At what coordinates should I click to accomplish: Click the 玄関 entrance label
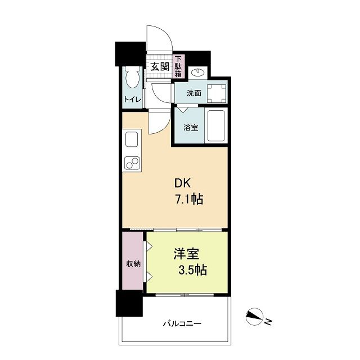point(160,67)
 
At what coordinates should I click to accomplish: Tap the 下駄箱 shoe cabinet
point(178,66)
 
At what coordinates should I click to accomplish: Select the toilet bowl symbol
point(133,78)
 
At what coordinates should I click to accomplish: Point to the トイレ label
point(132,100)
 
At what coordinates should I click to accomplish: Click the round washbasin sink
point(197,73)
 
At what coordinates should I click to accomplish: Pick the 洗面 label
point(193,93)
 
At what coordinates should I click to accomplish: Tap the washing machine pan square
point(217,93)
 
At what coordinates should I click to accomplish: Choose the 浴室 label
point(191,128)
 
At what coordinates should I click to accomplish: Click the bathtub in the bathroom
point(216,126)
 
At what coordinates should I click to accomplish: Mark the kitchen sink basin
point(132,139)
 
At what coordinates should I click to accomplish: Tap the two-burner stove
point(132,163)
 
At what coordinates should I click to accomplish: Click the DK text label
point(182,184)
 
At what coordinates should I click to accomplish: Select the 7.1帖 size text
point(189,199)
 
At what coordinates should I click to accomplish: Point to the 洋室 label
point(186,254)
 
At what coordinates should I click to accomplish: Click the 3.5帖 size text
point(192,270)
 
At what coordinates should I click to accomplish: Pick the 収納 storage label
point(133,264)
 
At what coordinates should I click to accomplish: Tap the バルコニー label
point(182,324)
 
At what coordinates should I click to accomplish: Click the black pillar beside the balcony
point(129,303)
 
